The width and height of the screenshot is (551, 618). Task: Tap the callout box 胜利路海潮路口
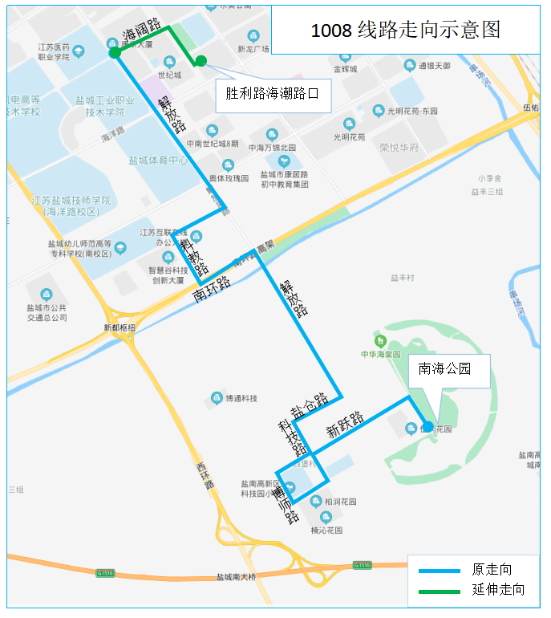[273, 95]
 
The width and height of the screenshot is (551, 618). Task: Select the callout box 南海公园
[448, 370]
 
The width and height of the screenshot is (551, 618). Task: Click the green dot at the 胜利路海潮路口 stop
[201, 60]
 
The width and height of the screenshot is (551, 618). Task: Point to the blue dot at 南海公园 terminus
[428, 426]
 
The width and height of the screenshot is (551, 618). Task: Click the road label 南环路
[213, 289]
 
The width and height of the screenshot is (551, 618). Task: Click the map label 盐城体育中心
[159, 161]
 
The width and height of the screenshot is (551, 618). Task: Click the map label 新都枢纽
[120, 327]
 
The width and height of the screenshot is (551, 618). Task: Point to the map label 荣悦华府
[399, 148]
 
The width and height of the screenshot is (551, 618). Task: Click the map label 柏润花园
[339, 501]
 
